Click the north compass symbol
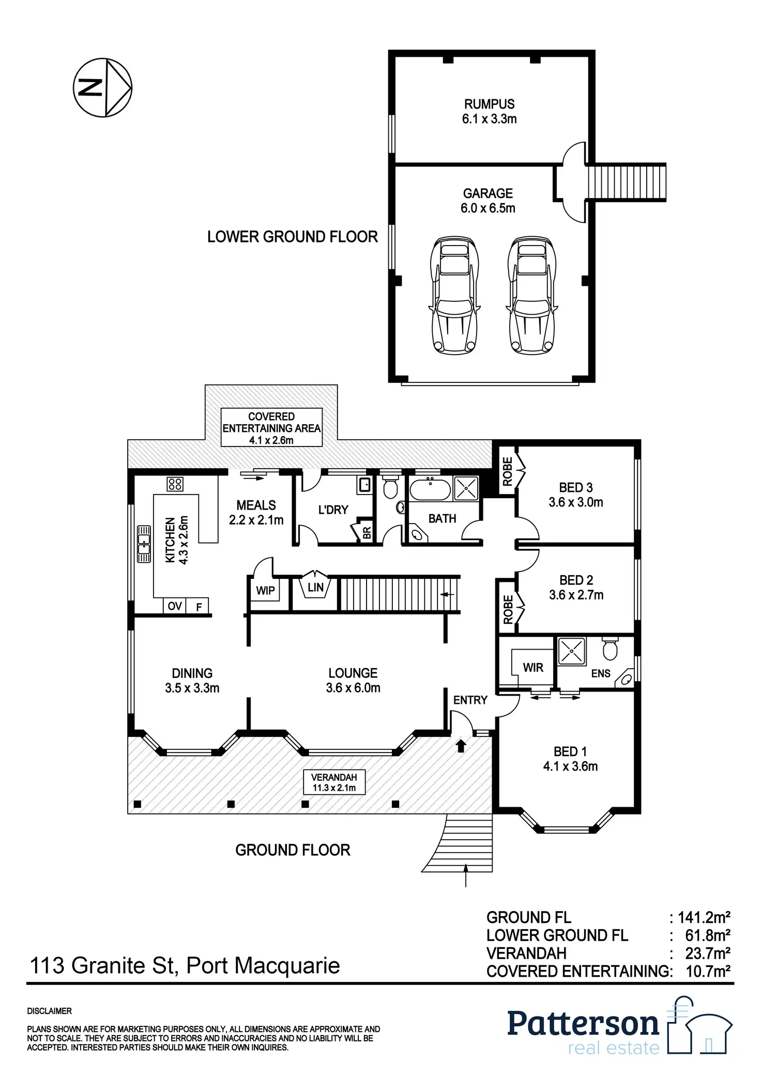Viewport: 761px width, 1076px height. [102, 87]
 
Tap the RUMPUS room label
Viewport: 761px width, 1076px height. [489, 104]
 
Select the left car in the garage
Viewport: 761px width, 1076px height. [454, 295]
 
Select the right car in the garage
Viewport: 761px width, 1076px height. [532, 295]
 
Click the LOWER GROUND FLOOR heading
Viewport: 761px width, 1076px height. [292, 237]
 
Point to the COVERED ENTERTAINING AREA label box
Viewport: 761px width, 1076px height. [271, 428]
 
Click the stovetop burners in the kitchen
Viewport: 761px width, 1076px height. [175, 484]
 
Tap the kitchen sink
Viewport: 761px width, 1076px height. [144, 544]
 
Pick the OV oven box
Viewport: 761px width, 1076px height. [175, 606]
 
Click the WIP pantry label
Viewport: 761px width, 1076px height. [265, 590]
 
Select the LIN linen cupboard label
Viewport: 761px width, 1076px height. [315, 587]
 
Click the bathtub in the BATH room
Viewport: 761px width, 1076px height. [430, 489]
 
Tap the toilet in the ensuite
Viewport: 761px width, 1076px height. [610, 649]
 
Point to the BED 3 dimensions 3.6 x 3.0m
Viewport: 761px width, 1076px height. [575, 502]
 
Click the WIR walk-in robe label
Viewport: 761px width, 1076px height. [533, 668]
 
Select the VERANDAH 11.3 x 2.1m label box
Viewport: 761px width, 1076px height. [334, 782]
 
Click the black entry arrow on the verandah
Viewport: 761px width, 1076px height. [461, 745]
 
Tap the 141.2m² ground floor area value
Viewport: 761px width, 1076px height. [704, 917]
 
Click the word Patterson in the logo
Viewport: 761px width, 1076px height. [583, 1024]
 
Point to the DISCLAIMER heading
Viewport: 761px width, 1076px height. [50, 1011]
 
